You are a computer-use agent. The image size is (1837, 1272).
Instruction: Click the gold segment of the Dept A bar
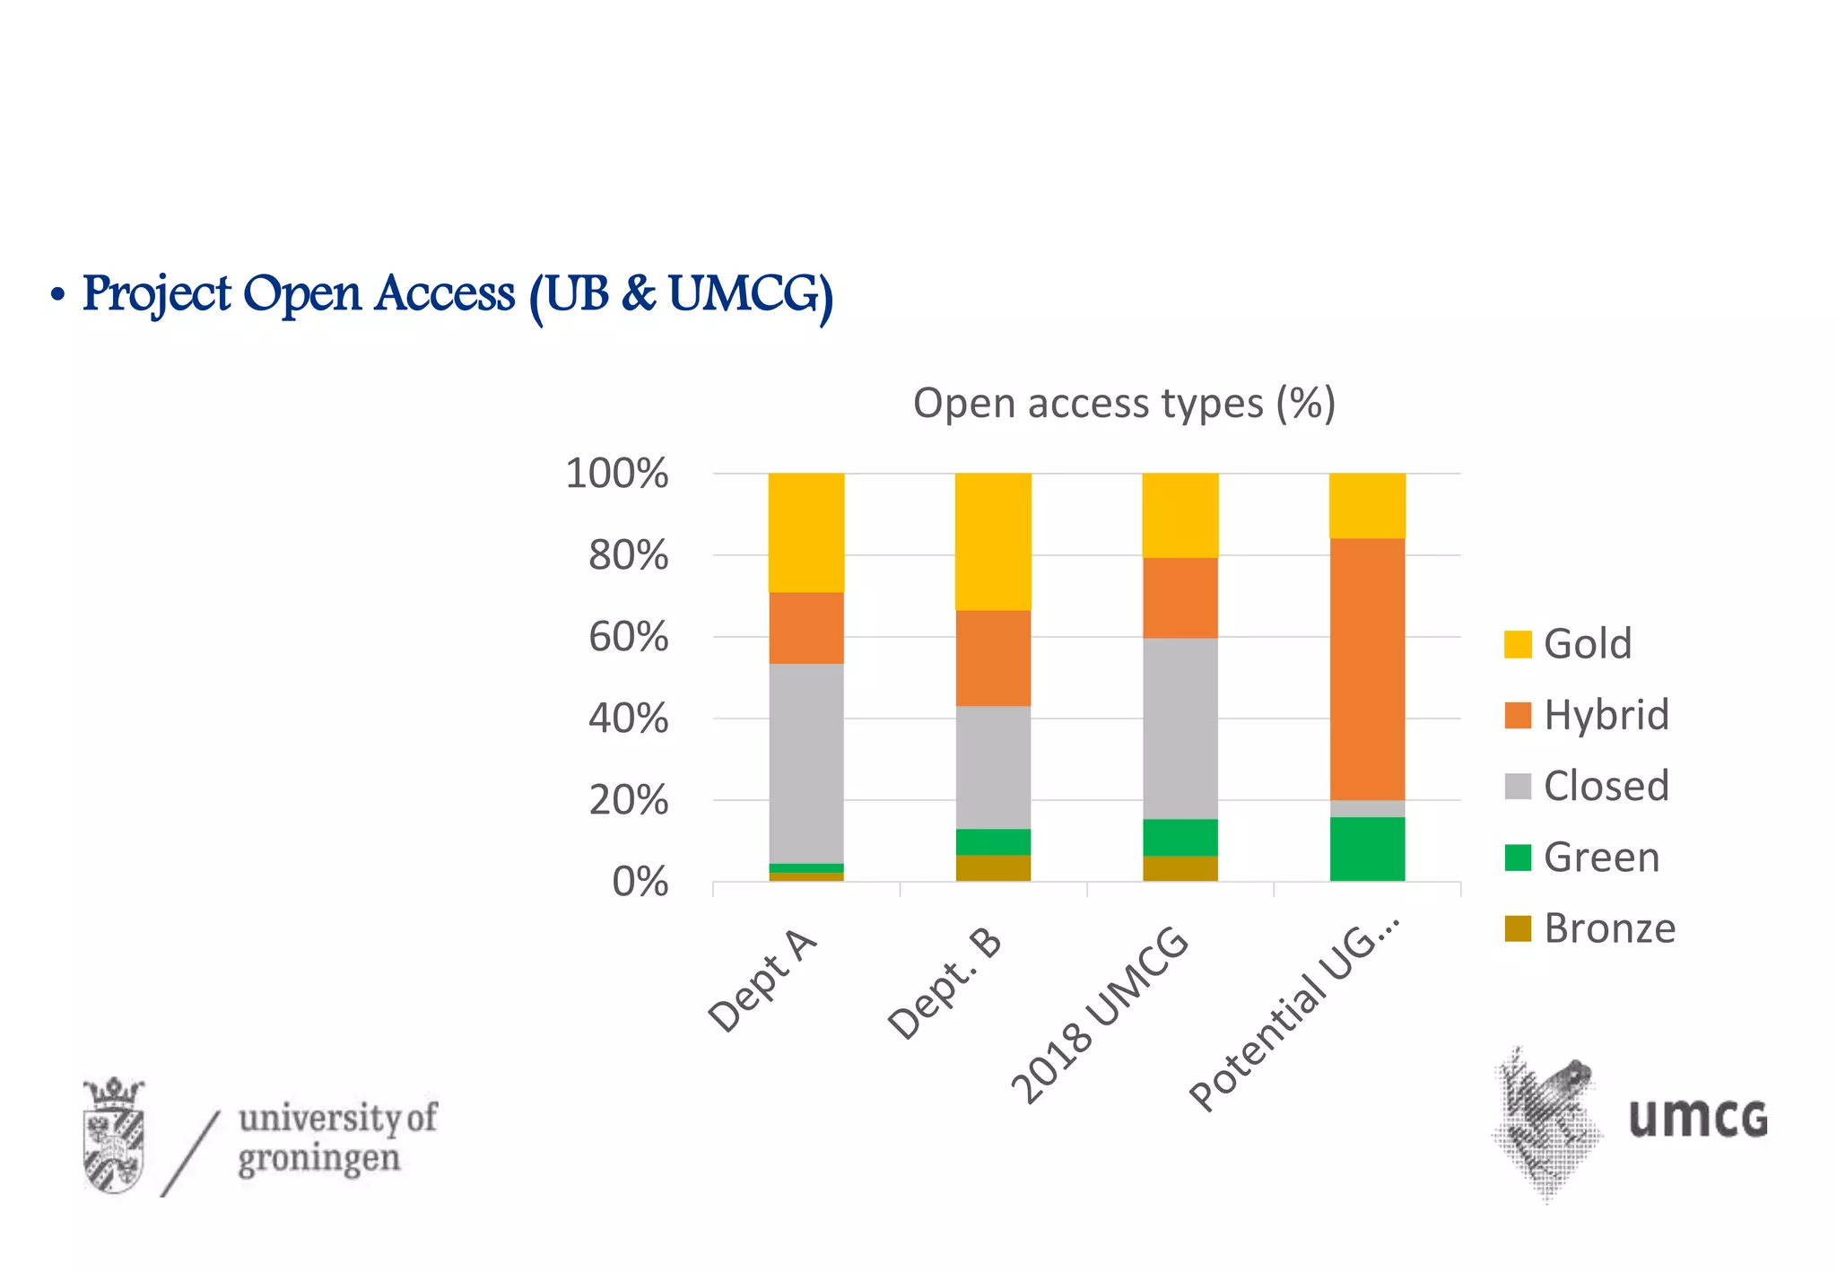click(805, 532)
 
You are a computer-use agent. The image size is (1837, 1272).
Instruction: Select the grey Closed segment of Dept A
click(805, 762)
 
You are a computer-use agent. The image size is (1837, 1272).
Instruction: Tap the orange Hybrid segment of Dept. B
click(993, 658)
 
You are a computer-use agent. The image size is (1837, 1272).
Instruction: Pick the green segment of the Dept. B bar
click(993, 841)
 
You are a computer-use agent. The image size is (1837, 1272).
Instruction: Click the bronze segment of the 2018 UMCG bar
click(1180, 868)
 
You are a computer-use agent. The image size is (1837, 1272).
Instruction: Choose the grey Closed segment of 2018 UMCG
click(1180, 727)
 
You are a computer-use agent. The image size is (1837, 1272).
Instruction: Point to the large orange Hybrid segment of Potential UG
click(1367, 668)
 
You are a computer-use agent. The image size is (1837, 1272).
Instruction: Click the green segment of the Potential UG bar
click(1367, 849)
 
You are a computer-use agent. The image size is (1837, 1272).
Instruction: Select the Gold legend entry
click(1568, 644)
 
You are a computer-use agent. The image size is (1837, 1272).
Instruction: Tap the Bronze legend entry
click(1589, 928)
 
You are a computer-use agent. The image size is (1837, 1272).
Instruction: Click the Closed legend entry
click(1586, 786)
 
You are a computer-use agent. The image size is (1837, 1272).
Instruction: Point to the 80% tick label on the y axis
click(628, 556)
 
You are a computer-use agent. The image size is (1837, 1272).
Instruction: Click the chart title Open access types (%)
click(1124, 404)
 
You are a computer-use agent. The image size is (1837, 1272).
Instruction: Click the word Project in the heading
click(157, 294)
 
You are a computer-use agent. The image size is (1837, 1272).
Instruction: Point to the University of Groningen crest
click(114, 1136)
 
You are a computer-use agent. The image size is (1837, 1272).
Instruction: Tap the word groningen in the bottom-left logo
click(318, 1159)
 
